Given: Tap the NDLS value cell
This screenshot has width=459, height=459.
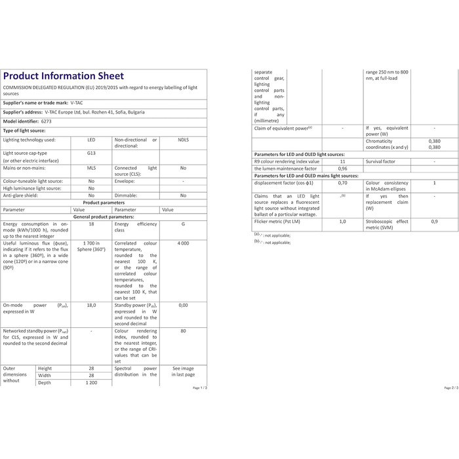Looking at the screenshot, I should (183, 140).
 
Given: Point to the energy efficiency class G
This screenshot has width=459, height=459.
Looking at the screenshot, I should (183, 224).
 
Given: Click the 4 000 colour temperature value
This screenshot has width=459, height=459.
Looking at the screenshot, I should (183, 244).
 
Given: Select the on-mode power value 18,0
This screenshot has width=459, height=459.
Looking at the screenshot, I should (91, 305).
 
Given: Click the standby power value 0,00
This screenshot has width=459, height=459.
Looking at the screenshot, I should (183, 305).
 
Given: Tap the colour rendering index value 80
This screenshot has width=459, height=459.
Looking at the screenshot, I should (183, 331).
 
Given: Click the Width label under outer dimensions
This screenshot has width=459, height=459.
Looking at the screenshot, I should (45, 376).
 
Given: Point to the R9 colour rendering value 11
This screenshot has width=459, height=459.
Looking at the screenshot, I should (342, 161).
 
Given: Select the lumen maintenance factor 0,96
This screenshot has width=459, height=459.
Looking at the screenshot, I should (342, 169).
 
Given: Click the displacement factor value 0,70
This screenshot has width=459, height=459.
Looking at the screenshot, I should (342, 183).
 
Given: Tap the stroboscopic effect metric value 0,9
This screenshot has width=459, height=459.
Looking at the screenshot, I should (434, 222).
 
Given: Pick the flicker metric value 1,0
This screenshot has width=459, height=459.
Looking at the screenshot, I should (342, 222).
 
